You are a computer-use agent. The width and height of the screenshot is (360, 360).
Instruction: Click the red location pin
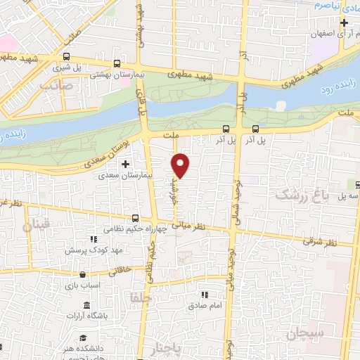click(x=181, y=165)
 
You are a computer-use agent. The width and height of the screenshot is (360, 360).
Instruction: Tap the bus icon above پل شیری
click(x=66, y=57)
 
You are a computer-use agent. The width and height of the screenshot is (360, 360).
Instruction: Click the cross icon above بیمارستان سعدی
click(x=126, y=165)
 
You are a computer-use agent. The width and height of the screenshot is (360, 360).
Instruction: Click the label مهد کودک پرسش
click(x=94, y=250)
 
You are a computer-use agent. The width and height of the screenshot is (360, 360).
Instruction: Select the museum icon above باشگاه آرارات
click(x=86, y=305)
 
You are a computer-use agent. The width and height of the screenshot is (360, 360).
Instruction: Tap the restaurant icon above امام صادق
click(x=205, y=295)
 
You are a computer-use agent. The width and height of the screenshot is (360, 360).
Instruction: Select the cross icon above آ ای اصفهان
click(x=343, y=22)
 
